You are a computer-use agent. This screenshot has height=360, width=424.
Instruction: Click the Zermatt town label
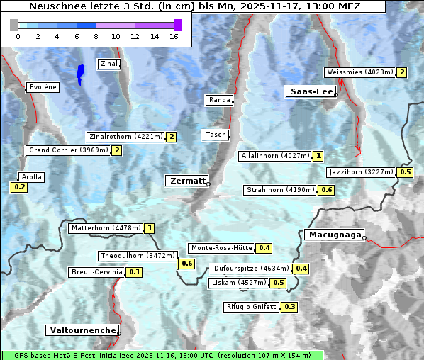point(186,181)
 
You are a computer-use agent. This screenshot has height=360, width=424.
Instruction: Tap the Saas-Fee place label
point(311,91)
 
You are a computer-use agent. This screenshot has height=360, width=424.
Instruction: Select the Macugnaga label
point(333,235)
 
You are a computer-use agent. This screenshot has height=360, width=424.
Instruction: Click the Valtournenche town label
point(82,330)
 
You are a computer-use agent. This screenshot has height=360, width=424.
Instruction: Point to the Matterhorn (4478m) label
point(105,228)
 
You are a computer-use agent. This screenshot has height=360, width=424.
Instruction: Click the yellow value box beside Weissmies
point(402,72)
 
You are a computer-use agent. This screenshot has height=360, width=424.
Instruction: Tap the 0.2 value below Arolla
point(19,187)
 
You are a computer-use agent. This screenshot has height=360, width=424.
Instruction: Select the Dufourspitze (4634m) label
point(251,269)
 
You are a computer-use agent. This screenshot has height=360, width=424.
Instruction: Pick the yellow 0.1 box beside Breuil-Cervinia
point(134,272)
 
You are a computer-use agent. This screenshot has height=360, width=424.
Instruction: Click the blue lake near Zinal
point(81,74)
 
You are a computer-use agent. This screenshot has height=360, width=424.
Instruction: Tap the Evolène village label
point(42,87)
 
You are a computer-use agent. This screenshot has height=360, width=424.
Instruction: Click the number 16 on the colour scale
point(174,36)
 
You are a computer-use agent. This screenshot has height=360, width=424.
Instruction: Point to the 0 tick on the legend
point(18,36)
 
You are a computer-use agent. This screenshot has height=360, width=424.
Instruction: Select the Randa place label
point(219,100)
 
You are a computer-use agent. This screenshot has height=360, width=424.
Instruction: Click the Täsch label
point(215,135)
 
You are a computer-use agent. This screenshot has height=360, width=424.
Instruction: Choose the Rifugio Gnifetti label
point(251,307)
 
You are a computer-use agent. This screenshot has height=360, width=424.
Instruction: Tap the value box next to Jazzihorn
point(406,172)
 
